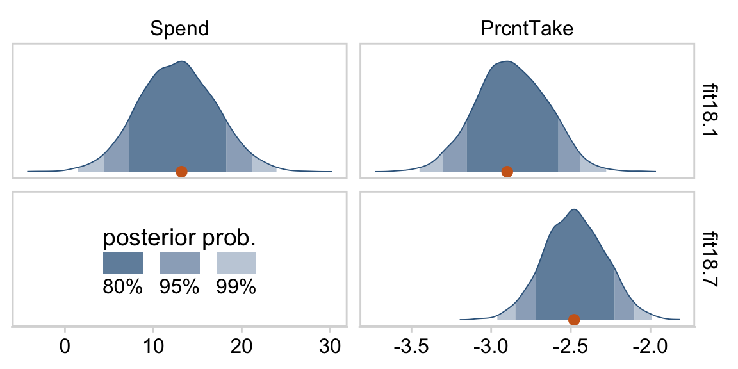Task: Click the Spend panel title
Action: point(179,29)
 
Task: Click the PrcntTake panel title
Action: point(527,29)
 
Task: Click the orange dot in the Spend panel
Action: point(181,171)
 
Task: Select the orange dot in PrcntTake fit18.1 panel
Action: point(507,171)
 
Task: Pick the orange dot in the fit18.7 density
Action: point(574,319)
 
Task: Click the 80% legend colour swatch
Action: point(123,263)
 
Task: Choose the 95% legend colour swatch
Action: point(179,263)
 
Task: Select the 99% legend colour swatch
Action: point(236,263)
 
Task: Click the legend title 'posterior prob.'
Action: point(179,238)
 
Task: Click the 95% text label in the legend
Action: point(179,288)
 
